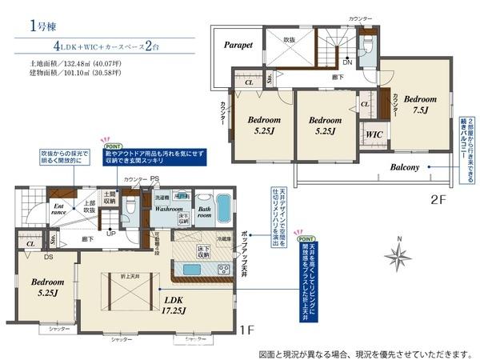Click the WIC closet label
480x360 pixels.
click(374, 135)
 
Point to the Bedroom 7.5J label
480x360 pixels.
click(420, 105)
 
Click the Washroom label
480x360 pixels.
click(170, 208)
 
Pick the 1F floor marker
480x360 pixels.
click(246, 328)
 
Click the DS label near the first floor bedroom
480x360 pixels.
click(49, 257)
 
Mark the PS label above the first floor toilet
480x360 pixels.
click(155, 179)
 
